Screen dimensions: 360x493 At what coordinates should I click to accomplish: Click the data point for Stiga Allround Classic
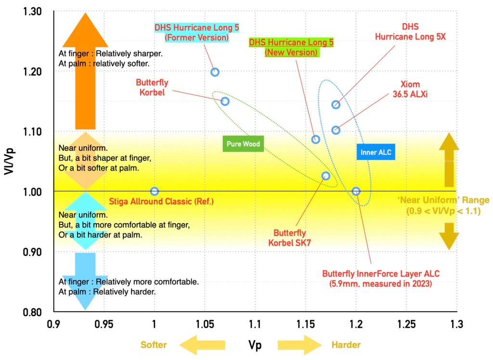point(154,191)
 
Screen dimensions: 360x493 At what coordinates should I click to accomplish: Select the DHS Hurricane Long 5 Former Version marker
point(215,72)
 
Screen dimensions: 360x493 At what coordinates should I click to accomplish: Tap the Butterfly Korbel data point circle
point(225,101)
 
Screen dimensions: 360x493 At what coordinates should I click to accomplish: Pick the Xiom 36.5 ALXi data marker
point(336,130)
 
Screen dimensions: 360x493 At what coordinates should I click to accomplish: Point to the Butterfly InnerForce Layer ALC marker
point(356,191)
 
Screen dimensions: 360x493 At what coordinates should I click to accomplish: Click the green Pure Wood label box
point(245,144)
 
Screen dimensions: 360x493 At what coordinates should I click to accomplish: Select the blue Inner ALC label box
point(376,153)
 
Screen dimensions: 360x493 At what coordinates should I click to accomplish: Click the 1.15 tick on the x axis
point(306,324)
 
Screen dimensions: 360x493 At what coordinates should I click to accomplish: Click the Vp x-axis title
point(255,344)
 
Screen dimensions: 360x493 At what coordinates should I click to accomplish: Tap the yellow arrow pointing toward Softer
point(202,345)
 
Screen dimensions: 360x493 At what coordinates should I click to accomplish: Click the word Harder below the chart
point(346,345)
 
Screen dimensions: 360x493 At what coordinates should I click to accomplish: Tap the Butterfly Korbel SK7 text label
point(289,237)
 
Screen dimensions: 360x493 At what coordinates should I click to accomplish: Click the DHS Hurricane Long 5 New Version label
point(291,47)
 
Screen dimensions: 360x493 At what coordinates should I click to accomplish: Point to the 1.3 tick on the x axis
point(457,324)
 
